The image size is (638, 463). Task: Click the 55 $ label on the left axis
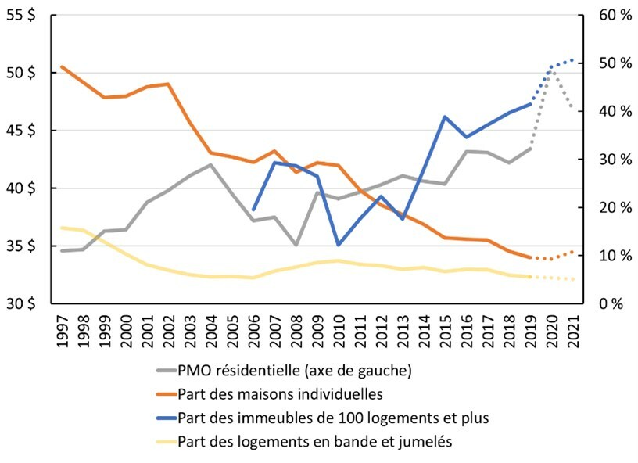[21, 16]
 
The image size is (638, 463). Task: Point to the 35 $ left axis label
[21, 246]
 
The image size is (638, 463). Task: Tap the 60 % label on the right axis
[615, 16]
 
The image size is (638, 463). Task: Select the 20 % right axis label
[615, 207]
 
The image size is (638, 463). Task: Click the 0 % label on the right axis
[611, 303]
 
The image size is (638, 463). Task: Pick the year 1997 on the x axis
[63, 332]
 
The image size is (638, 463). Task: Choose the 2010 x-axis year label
[339, 332]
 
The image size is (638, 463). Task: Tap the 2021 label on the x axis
[573, 332]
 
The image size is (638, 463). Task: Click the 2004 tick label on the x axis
[211, 332]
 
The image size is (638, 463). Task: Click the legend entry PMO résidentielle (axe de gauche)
[284, 371]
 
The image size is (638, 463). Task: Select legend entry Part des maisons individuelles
[270, 394]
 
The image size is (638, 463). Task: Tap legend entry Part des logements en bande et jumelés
[304, 441]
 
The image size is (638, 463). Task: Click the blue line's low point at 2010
[339, 245]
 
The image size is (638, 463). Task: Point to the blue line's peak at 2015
[445, 117]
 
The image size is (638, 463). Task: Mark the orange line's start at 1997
[62, 66]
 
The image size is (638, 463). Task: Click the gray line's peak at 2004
[210, 165]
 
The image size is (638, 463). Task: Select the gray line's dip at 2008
[296, 245]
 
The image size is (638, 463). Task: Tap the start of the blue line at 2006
[253, 210]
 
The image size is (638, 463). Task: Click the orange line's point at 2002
[168, 84]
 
